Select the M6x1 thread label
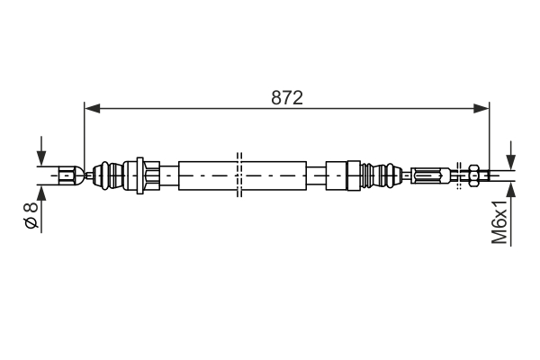(499, 222)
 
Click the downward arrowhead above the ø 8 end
(40, 157)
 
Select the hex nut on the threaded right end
(472, 174)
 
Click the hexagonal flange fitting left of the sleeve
(148, 174)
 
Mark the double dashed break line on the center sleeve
(238, 174)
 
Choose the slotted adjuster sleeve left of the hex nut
(432, 174)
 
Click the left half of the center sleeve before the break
(207, 174)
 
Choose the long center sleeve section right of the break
(273, 174)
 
